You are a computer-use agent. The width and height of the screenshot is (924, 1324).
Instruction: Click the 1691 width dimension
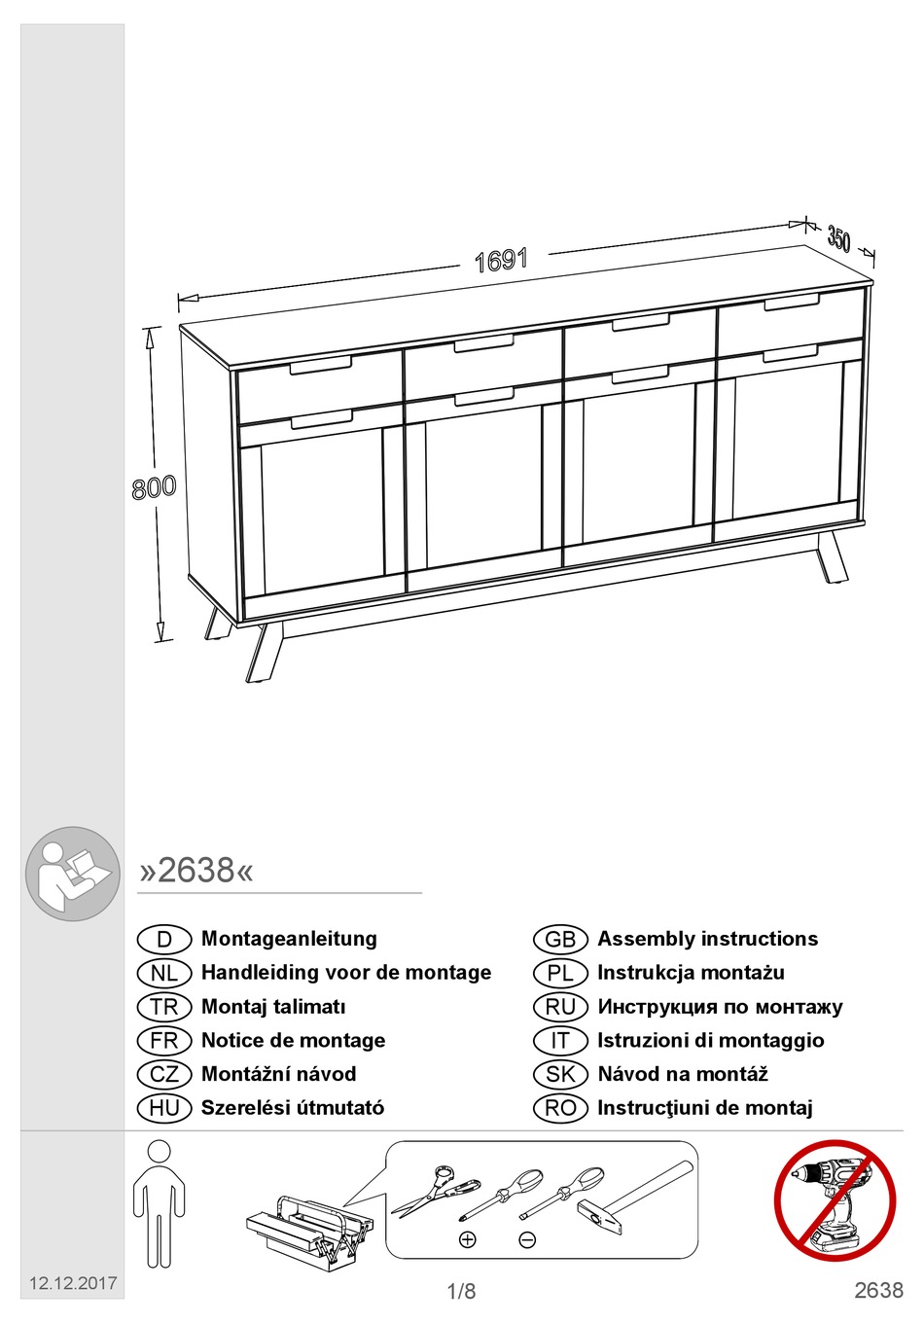pos(501,261)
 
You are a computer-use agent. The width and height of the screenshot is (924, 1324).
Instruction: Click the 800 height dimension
pos(154,487)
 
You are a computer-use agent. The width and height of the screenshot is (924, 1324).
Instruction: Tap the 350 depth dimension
pos(838,238)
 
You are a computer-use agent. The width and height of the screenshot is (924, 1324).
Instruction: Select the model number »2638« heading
pos(196,870)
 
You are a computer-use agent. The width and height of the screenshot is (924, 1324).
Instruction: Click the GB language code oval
pos(560,940)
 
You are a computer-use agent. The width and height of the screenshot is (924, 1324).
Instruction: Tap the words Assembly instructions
pos(707,939)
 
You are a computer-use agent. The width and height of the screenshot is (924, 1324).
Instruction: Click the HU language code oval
pos(164,1108)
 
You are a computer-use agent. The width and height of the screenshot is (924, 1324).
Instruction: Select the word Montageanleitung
pos(289,939)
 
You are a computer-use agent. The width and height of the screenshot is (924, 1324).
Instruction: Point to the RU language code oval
pos(560,1007)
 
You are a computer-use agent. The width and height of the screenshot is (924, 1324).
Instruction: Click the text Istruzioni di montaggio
pos(710,1040)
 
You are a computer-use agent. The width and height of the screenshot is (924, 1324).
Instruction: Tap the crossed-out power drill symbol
pos(835,1200)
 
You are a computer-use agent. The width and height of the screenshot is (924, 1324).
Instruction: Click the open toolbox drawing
pos(308,1230)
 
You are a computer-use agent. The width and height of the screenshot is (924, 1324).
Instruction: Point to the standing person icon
pos(159,1203)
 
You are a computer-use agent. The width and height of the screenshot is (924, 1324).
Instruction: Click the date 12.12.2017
pos(73,1283)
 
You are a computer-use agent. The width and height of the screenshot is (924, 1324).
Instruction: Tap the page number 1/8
pos(461,1292)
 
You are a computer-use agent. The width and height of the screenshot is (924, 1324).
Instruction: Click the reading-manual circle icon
pos(73,874)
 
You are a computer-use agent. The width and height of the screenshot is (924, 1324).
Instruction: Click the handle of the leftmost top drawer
pos(320,366)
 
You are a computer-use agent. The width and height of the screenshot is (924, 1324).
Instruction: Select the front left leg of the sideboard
pos(263,652)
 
